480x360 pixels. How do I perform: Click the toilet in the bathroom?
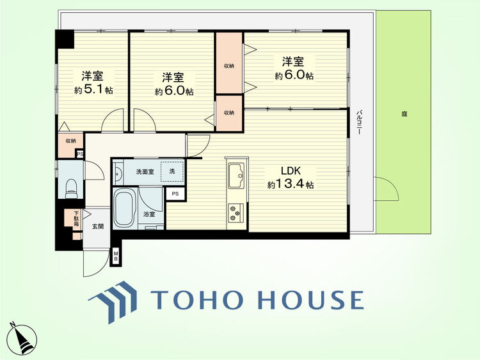point(71,189)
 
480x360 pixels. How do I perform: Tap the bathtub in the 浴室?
point(125,208)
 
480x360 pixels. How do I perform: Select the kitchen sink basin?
point(236,176)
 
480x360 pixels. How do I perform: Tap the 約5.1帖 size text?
point(93,90)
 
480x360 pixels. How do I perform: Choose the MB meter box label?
point(116,256)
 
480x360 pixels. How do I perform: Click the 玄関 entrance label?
point(98,226)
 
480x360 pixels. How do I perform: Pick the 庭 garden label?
point(404,114)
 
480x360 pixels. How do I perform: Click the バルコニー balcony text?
point(359,122)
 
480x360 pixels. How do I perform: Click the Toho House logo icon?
point(113,302)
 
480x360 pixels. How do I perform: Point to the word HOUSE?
point(310,300)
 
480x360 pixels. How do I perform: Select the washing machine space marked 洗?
point(172,171)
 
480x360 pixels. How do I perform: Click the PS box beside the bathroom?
point(175,194)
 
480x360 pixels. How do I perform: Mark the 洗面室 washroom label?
point(145,172)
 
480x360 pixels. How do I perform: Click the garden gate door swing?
point(387,189)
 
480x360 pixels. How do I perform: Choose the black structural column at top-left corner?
point(65,39)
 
